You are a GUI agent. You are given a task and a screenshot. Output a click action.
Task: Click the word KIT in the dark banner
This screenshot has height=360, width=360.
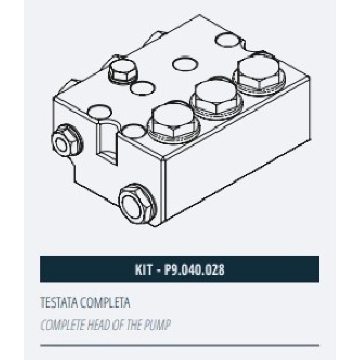point(143,269)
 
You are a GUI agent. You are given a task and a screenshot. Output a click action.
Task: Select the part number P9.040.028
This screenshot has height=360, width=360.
point(194,269)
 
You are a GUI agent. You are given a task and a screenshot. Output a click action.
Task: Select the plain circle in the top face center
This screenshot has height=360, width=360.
point(185,63)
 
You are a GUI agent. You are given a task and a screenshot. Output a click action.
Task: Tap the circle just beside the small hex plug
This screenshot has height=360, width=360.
point(142,88)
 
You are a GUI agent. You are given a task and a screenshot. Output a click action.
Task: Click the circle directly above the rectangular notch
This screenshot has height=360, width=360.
point(100,112)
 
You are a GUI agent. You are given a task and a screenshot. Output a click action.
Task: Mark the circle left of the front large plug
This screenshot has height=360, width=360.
point(133,131)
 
